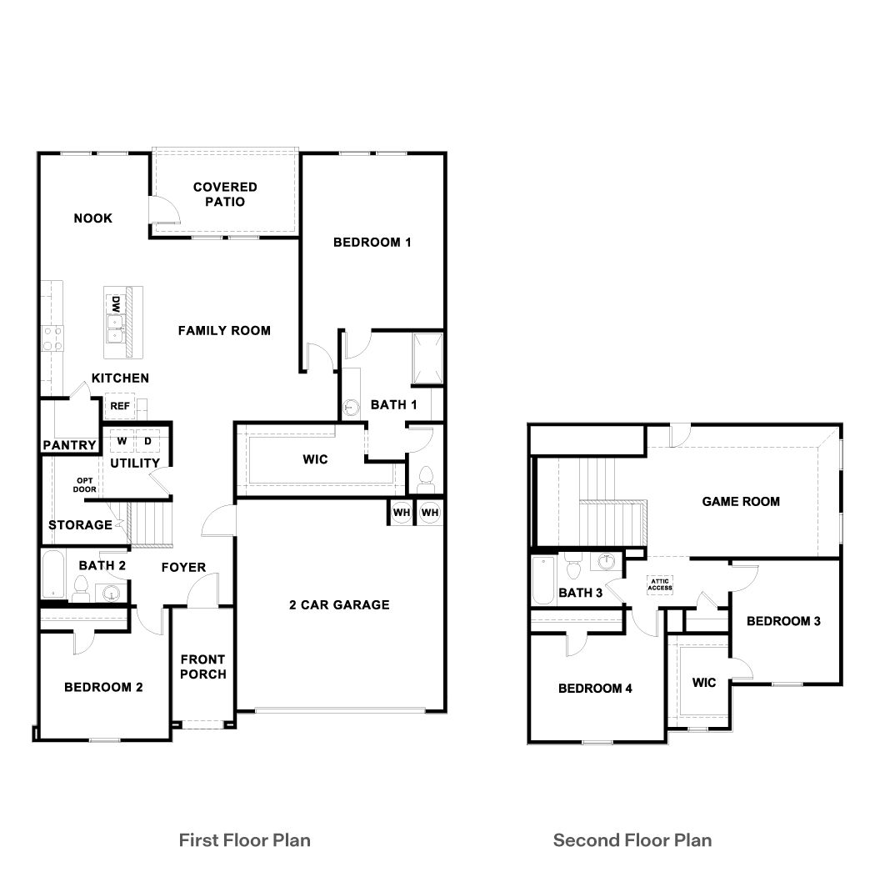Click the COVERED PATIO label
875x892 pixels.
click(x=225, y=194)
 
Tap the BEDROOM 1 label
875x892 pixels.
click(x=372, y=243)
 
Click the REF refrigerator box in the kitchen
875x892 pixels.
click(x=117, y=406)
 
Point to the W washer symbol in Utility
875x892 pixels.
click(x=122, y=440)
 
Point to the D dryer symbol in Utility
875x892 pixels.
click(x=147, y=440)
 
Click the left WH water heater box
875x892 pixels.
click(x=402, y=512)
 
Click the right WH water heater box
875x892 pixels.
click(x=430, y=512)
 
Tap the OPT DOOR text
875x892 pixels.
click(x=85, y=485)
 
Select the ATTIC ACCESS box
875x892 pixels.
click(x=660, y=585)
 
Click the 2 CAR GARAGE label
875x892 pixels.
click(x=339, y=604)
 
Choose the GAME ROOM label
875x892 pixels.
click(x=741, y=501)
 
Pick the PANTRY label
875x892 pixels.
click(x=69, y=445)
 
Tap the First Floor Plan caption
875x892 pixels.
click(x=245, y=839)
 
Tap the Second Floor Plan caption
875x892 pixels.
click(x=632, y=839)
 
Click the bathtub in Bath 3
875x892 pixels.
click(x=542, y=581)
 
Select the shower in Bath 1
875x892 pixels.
click(x=428, y=355)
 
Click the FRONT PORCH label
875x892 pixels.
click(x=202, y=666)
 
